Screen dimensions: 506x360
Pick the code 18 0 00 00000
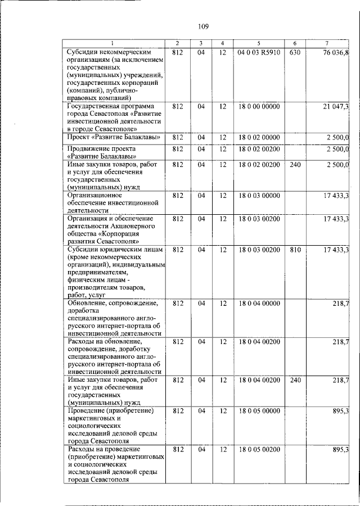pyautogui.click(x=258, y=106)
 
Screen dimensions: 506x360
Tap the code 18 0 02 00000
pyautogui.click(x=258, y=137)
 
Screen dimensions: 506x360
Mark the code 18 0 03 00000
pyautogui.click(x=258, y=195)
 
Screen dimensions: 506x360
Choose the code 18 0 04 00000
pyautogui.click(x=258, y=303)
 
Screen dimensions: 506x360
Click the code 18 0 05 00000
pyautogui.click(x=258, y=411)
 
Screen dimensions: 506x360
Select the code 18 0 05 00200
pyautogui.click(x=258, y=450)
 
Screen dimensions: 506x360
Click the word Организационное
pyautogui.click(x=94, y=195)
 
